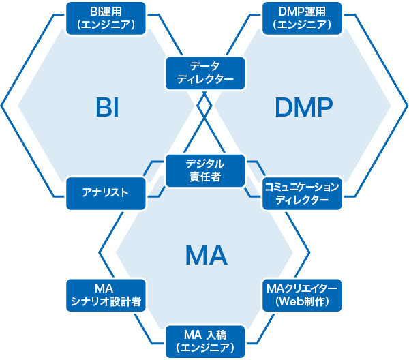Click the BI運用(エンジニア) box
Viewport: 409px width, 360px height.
pyautogui.click(x=106, y=18)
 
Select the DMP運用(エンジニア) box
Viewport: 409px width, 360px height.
pyautogui.click(x=302, y=18)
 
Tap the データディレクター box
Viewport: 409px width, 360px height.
pyautogui.click(x=205, y=74)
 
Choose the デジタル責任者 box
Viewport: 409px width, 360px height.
pyautogui.click(x=205, y=171)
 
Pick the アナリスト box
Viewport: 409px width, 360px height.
pyautogui.click(x=106, y=194)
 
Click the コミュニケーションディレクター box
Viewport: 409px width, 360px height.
pyautogui.click(x=302, y=194)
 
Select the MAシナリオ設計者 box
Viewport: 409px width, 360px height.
pyautogui.click(x=106, y=295)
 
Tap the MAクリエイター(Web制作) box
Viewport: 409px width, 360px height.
pyautogui.click(x=302, y=295)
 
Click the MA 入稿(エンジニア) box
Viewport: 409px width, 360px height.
pyautogui.click(x=205, y=342)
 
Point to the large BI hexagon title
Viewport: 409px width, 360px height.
pyautogui.click(x=107, y=107)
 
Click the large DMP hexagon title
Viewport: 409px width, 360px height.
pyautogui.click(x=304, y=107)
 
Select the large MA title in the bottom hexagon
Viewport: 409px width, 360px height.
pyautogui.click(x=206, y=255)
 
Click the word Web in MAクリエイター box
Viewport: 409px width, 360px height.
pyautogui.click(x=289, y=301)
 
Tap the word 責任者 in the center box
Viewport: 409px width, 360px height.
pyautogui.click(x=205, y=177)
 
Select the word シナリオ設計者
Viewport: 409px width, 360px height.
pyautogui.click(x=106, y=301)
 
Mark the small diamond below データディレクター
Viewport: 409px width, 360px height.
pyautogui.click(x=204, y=106)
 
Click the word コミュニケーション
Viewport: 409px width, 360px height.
pyautogui.click(x=302, y=187)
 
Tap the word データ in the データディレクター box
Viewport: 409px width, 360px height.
pyautogui.click(x=204, y=66)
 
